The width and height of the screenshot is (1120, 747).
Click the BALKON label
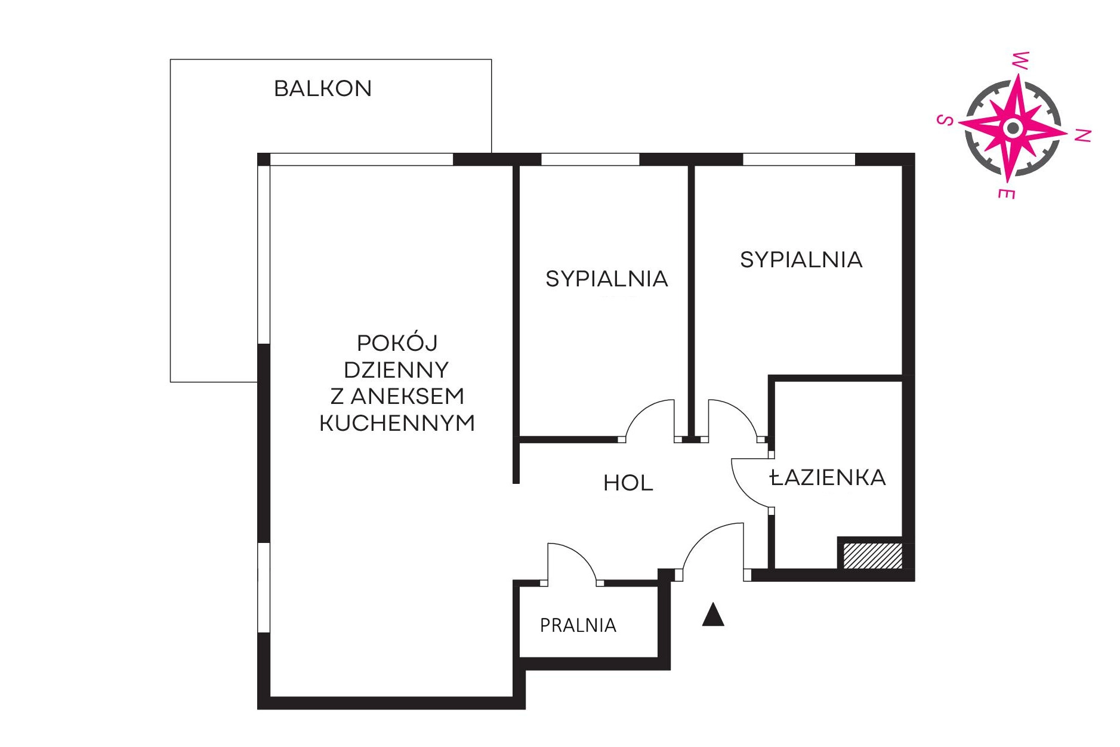323,89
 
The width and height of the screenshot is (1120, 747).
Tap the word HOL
628,483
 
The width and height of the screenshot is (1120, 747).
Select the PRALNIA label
578,625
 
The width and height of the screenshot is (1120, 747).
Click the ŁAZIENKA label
828,477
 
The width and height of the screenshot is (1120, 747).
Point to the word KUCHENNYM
397,423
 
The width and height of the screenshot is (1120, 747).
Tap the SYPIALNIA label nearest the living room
606,279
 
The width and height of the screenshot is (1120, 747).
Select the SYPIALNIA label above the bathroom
801,260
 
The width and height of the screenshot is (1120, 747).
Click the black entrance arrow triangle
712,615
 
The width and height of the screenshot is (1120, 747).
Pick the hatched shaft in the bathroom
872,555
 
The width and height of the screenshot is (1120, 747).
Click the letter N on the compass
1082,135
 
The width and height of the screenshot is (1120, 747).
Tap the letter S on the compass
945,120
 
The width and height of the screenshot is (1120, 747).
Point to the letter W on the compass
1020,60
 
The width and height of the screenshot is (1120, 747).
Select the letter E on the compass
1007,193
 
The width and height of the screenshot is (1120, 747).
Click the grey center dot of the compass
1012,128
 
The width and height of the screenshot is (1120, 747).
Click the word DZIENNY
396,370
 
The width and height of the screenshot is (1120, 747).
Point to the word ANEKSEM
407,396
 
